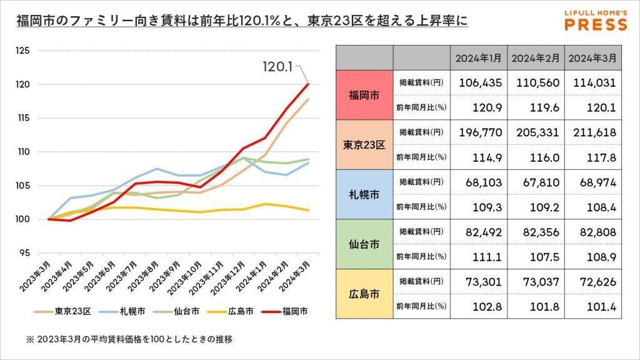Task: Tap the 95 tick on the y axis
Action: (24, 253)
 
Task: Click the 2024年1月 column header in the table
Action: (479, 57)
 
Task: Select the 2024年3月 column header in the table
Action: (592, 57)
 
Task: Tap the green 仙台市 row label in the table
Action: (364, 243)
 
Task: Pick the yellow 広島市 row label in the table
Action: (364, 292)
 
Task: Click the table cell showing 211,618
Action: (592, 132)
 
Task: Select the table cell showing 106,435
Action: (479, 82)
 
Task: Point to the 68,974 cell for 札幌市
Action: (592, 182)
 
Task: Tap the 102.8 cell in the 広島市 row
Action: (479, 306)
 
